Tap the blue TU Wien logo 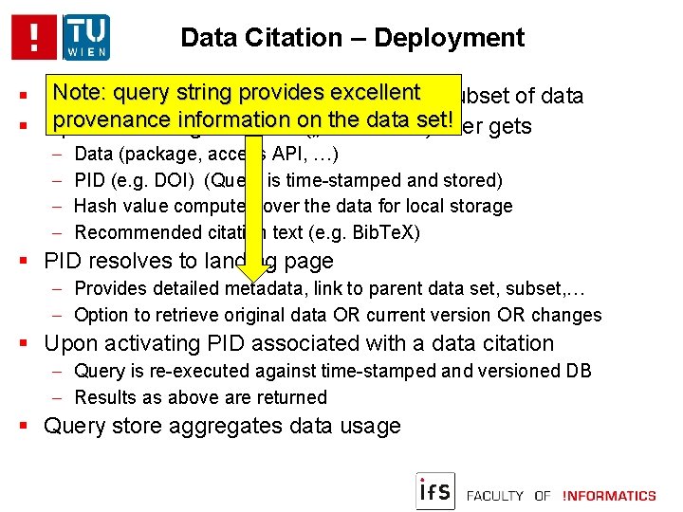[x=86, y=37]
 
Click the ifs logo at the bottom [x=435, y=490]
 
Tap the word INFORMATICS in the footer [x=609, y=496]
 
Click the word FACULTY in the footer [x=495, y=496]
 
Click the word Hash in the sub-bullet [x=93, y=206]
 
